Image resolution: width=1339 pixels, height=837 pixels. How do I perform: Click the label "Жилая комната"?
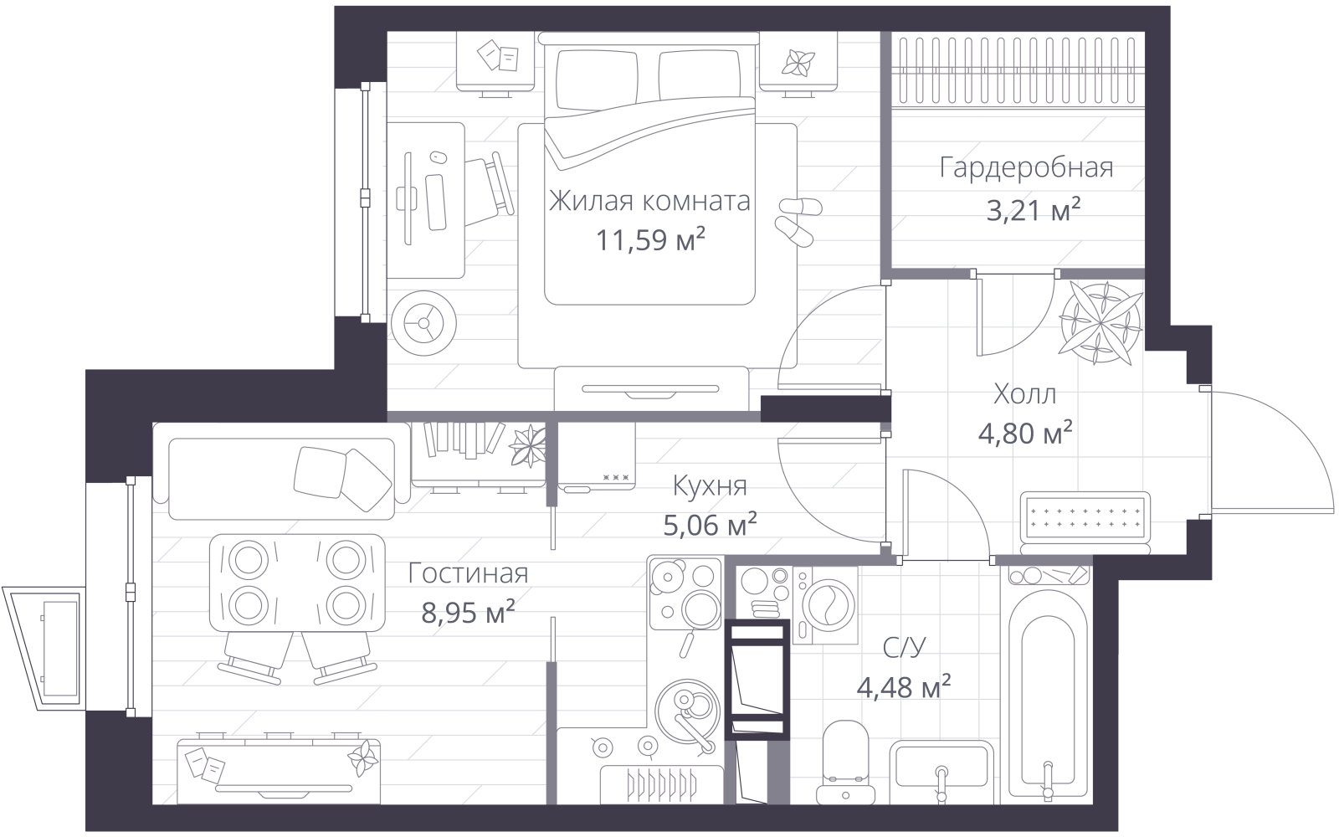(649, 201)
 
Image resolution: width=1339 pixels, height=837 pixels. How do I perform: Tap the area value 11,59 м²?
(650, 239)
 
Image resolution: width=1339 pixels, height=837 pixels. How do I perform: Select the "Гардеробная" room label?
(1026, 168)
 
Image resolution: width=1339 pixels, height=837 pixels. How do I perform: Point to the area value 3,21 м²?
(1034, 209)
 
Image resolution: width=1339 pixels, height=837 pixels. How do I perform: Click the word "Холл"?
(1024, 394)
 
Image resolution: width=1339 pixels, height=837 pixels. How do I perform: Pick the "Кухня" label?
(710, 486)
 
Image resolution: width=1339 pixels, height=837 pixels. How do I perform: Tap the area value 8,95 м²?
(468, 612)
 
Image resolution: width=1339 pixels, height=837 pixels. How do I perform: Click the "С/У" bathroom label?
(904, 648)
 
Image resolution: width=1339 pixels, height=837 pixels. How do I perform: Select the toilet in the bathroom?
(845, 762)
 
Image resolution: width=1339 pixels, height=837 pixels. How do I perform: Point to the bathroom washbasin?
(941, 771)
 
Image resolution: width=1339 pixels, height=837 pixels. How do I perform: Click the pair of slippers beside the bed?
(798, 221)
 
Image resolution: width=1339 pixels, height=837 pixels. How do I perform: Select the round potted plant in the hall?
(1100, 323)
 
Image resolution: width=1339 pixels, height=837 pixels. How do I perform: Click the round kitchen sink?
(687, 711)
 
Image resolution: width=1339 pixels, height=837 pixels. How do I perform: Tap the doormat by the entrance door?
(1085, 519)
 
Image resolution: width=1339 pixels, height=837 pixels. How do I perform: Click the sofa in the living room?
(281, 471)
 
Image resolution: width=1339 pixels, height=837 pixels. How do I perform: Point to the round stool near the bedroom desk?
(423, 323)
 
